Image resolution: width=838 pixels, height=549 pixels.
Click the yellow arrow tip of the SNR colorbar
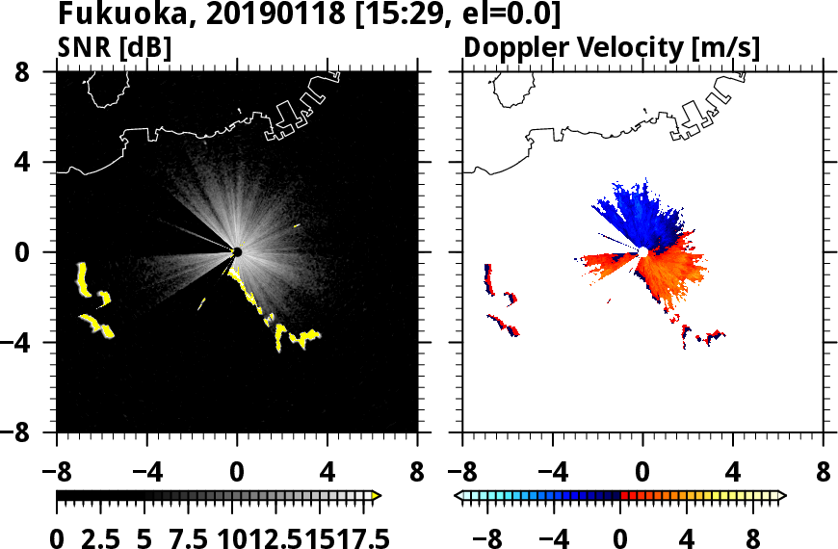[x=377, y=496]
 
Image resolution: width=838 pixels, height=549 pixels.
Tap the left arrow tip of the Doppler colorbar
[x=458, y=496]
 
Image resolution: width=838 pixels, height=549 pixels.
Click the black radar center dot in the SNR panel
[x=237, y=252]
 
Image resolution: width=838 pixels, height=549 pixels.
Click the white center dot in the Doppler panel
[x=642, y=252]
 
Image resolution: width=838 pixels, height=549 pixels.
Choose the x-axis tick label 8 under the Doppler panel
[x=823, y=474]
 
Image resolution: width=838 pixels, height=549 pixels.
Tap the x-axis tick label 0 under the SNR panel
[x=237, y=474]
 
